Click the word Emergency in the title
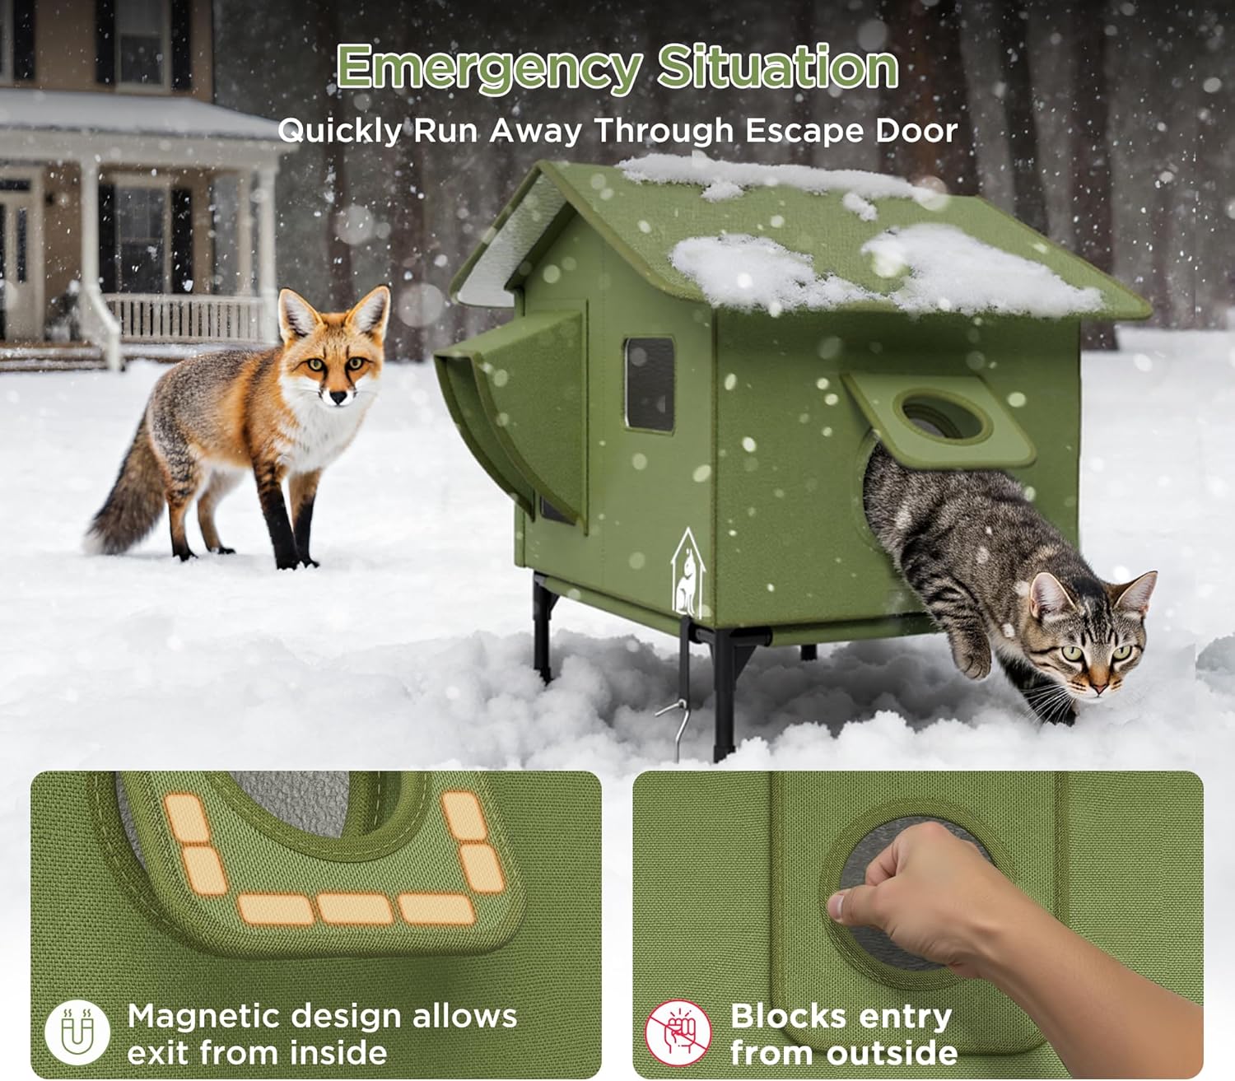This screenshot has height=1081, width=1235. click(488, 68)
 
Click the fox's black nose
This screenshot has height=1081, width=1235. click(338, 398)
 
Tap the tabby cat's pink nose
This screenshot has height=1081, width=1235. click(1099, 685)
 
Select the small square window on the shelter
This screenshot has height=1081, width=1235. click(650, 384)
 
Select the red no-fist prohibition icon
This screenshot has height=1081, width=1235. click(678, 1032)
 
